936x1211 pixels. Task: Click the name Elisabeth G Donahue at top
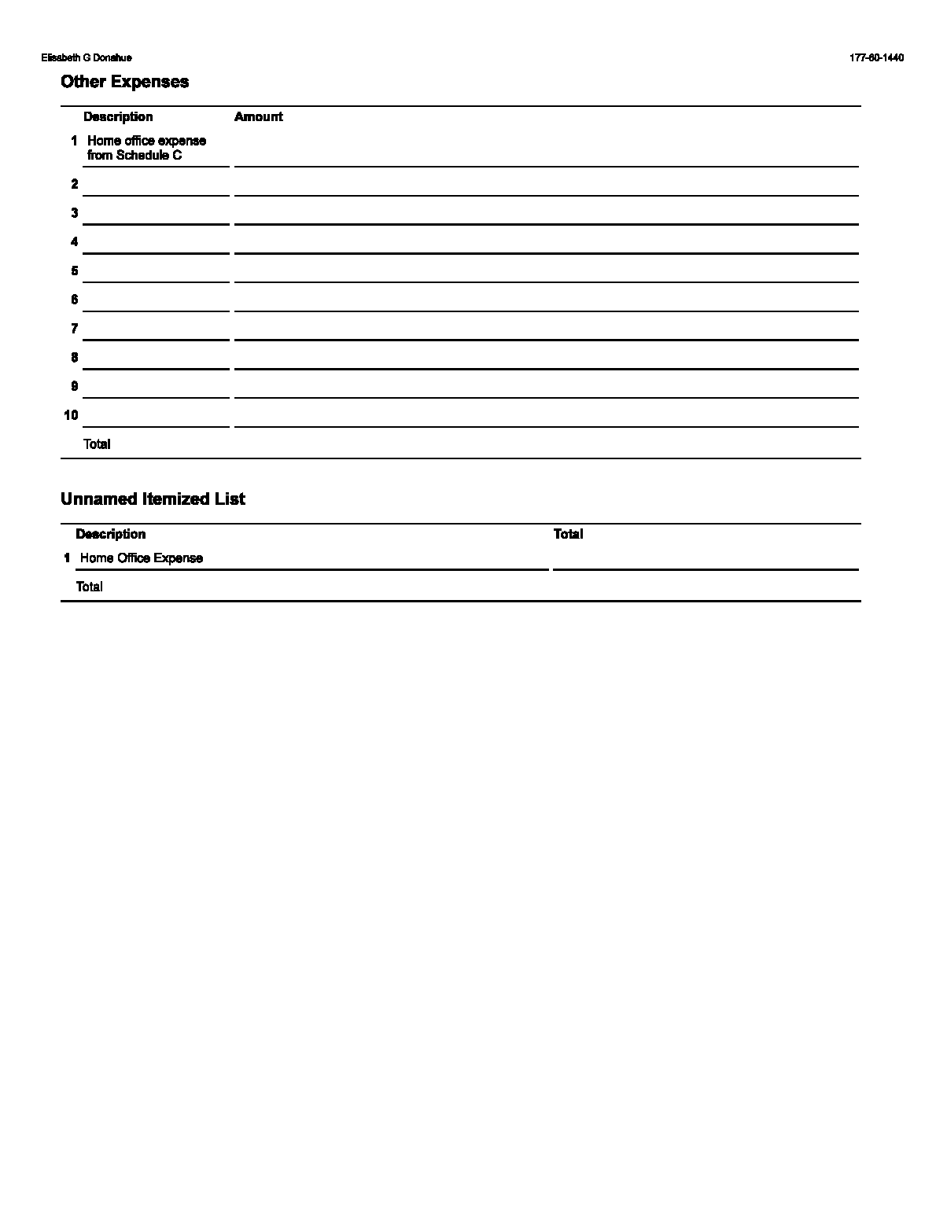[87, 58]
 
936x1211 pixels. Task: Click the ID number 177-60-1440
[876, 58]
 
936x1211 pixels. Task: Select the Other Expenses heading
[124, 82]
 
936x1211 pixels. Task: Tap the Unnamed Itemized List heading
[153, 499]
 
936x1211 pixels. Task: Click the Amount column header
[258, 117]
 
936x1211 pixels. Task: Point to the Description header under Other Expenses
[118, 117]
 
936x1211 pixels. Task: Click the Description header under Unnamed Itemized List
[110, 535]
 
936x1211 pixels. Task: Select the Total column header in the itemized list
[568, 535]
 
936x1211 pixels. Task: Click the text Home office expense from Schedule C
[146, 148]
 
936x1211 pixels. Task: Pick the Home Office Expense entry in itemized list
[142, 558]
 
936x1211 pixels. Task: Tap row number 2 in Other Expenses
[75, 184]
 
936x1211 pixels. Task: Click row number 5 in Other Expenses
[75, 271]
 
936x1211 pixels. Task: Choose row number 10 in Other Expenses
[72, 415]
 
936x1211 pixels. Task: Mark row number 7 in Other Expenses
[75, 329]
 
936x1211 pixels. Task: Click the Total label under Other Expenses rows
[97, 444]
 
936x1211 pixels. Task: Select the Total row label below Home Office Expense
[89, 587]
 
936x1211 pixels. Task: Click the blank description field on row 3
[156, 214]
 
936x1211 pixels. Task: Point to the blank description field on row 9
[156, 387]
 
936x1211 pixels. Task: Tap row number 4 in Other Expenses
[75, 242]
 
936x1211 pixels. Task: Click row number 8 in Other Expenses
[75, 358]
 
